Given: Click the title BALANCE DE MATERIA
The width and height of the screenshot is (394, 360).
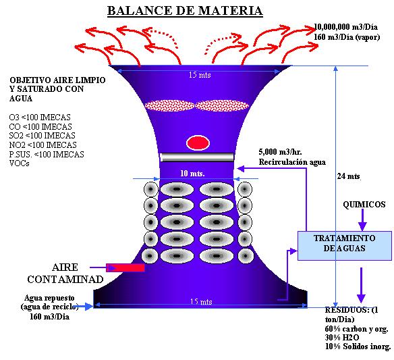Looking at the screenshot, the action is (185, 11).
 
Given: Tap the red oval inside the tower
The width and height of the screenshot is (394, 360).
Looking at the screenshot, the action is (198, 143).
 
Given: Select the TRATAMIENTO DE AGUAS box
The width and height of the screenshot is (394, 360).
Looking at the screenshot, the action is (345, 246).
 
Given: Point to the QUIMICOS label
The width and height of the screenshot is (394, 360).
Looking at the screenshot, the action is (364, 204).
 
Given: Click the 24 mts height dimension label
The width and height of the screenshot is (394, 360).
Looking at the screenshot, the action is (349, 176).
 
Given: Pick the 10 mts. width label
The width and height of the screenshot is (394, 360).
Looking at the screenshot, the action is (192, 174).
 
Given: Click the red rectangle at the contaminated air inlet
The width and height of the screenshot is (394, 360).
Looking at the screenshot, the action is (125, 267).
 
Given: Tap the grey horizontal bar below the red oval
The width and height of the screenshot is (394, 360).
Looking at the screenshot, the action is (197, 157).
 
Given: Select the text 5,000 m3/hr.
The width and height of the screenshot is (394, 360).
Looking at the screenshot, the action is (281, 152).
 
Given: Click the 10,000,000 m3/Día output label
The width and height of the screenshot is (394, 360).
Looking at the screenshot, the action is (345, 27).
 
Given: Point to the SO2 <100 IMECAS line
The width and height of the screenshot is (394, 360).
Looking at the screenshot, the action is (42, 136).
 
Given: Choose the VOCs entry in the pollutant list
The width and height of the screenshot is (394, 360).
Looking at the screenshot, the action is (19, 163).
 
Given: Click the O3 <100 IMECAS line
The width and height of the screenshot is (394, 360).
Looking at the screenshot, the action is (40, 118).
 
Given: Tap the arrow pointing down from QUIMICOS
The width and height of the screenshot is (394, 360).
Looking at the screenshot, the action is (362, 220).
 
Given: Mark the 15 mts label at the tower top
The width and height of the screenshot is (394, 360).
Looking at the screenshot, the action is (200, 75).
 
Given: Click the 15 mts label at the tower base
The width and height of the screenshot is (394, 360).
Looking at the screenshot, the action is (201, 301).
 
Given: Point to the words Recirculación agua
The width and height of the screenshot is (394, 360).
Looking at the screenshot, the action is (292, 162).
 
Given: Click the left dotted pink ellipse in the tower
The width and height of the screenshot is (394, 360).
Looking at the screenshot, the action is (170, 105).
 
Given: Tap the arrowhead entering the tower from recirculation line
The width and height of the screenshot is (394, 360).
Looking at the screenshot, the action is (240, 169).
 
